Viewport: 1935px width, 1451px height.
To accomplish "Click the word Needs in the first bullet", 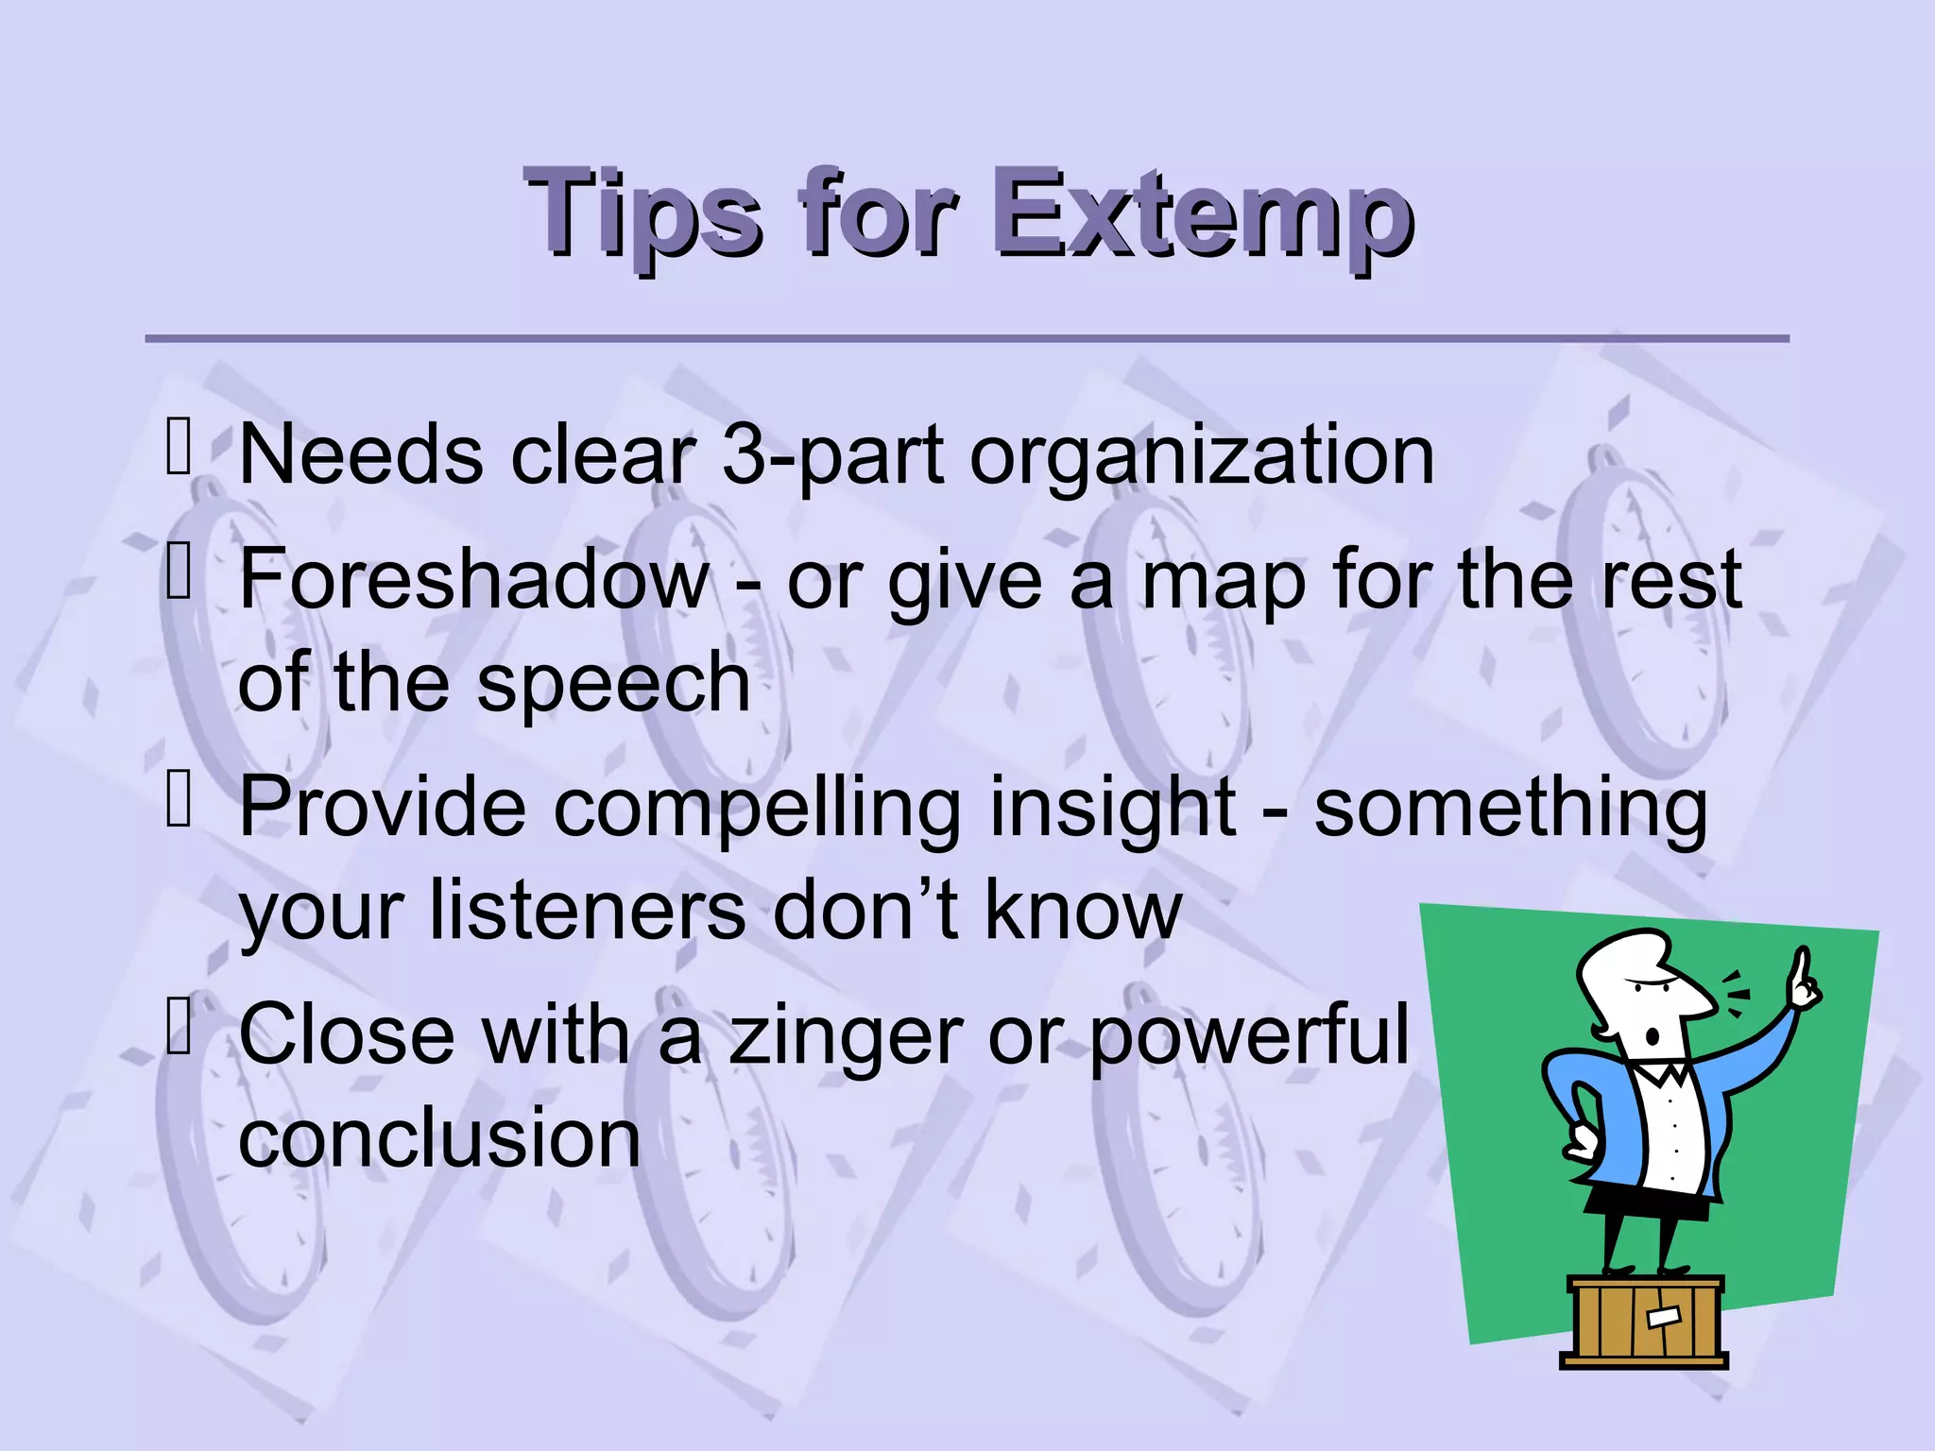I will tap(361, 455).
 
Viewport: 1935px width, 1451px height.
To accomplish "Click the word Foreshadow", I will tap(472, 579).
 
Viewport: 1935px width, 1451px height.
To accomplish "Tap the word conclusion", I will tap(439, 1138).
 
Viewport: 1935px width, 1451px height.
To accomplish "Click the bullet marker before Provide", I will tap(179, 798).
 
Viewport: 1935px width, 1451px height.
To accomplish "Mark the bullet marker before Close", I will tap(179, 1025).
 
